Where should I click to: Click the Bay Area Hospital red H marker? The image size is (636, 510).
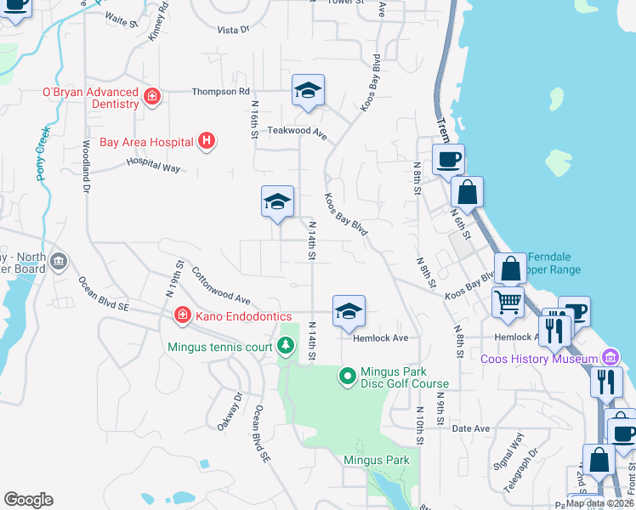(206, 141)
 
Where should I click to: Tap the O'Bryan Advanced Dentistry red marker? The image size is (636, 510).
(152, 98)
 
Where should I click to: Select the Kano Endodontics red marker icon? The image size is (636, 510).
(181, 316)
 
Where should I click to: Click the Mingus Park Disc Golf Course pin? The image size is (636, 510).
(347, 375)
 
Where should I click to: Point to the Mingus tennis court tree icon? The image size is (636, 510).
(287, 346)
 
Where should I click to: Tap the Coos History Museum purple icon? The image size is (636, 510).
(609, 358)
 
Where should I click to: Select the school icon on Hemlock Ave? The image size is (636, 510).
(349, 312)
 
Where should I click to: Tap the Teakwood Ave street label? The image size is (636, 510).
(298, 133)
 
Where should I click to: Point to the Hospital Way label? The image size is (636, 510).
(154, 164)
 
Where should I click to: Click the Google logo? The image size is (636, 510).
(28, 500)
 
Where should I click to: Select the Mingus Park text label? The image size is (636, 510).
(377, 460)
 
